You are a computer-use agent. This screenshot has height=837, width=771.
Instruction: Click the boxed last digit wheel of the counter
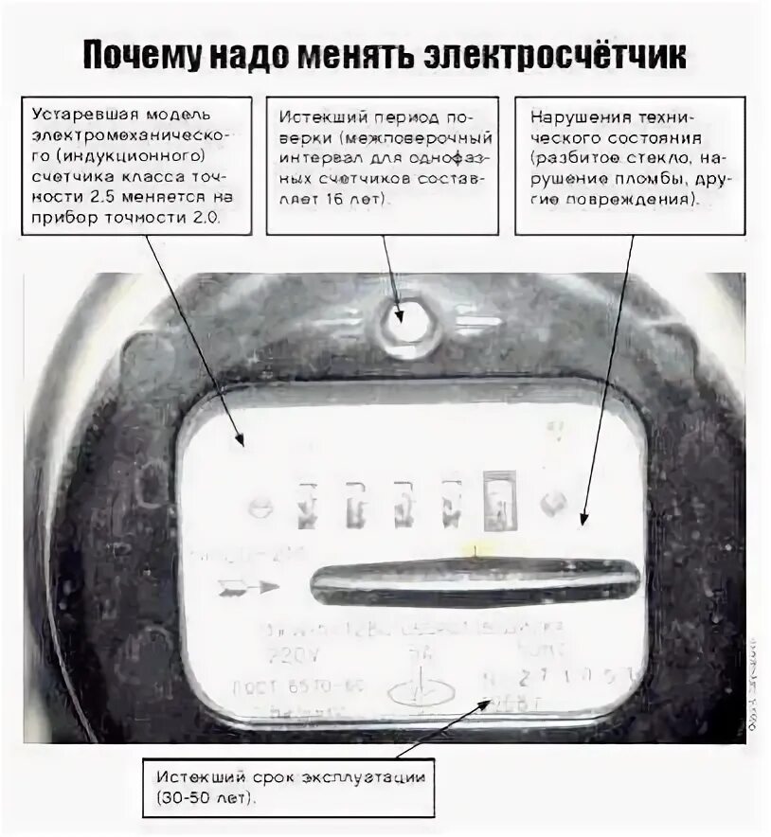(x=496, y=503)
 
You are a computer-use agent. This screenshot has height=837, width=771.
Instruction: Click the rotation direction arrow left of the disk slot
(x=248, y=588)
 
